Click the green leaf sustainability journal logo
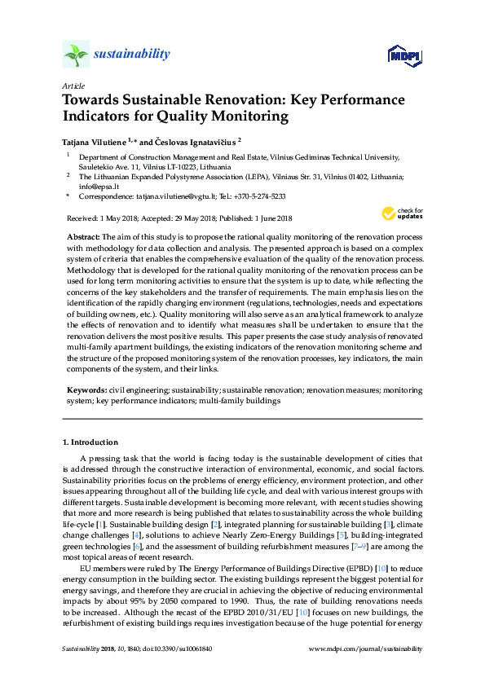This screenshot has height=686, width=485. click(76, 55)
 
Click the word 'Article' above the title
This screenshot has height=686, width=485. click(73, 85)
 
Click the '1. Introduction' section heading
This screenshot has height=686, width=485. click(90, 442)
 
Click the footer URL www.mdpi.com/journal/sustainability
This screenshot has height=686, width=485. click(366, 649)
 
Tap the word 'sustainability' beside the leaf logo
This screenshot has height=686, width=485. click(132, 55)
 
